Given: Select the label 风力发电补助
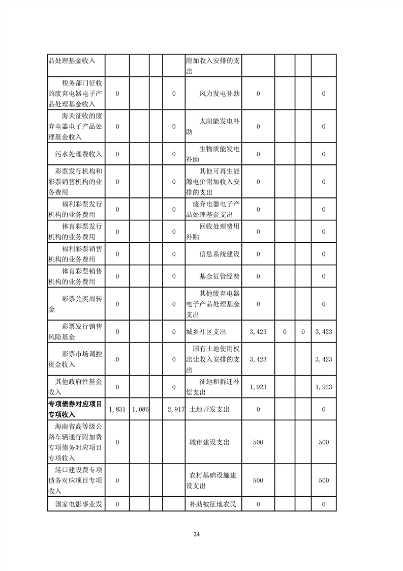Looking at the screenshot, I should pyautogui.click(x=220, y=94).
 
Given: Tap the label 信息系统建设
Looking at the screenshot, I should pyautogui.click(x=220, y=254).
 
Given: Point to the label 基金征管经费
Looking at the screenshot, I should pyautogui.click(x=220, y=276).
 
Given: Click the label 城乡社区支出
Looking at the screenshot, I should pyautogui.click(x=206, y=332).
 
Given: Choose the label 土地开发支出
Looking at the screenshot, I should pyautogui.click(x=209, y=409).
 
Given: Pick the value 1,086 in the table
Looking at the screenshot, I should pyautogui.click(x=139, y=409).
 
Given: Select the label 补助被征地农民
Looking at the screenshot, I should pyautogui.click(x=213, y=505).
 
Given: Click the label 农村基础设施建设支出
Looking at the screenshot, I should pyautogui.click(x=213, y=480).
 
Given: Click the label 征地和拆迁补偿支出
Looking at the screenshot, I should pyautogui.click(x=213, y=387).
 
